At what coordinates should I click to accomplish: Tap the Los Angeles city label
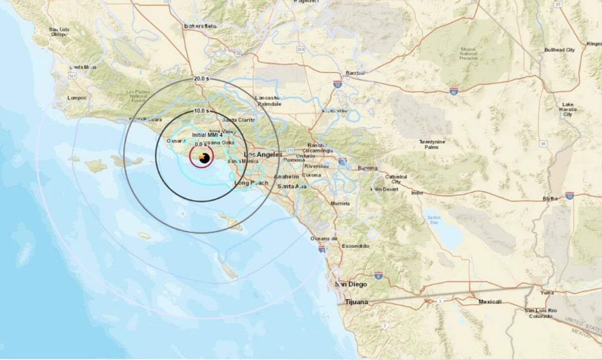262,154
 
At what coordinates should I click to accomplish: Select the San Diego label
351,284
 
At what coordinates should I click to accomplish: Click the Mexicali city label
490,302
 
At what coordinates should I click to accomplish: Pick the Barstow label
355,73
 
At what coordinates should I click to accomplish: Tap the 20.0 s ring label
201,79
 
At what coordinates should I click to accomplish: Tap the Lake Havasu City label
567,109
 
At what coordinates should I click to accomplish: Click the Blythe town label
550,199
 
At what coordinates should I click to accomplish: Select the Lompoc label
77,98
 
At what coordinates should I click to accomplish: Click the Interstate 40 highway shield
454,91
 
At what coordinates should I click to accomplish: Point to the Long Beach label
251,183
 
